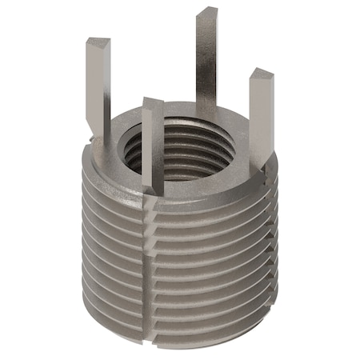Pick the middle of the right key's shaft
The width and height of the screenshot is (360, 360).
tap(260, 120)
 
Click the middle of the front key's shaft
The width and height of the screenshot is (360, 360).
tap(154, 148)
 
